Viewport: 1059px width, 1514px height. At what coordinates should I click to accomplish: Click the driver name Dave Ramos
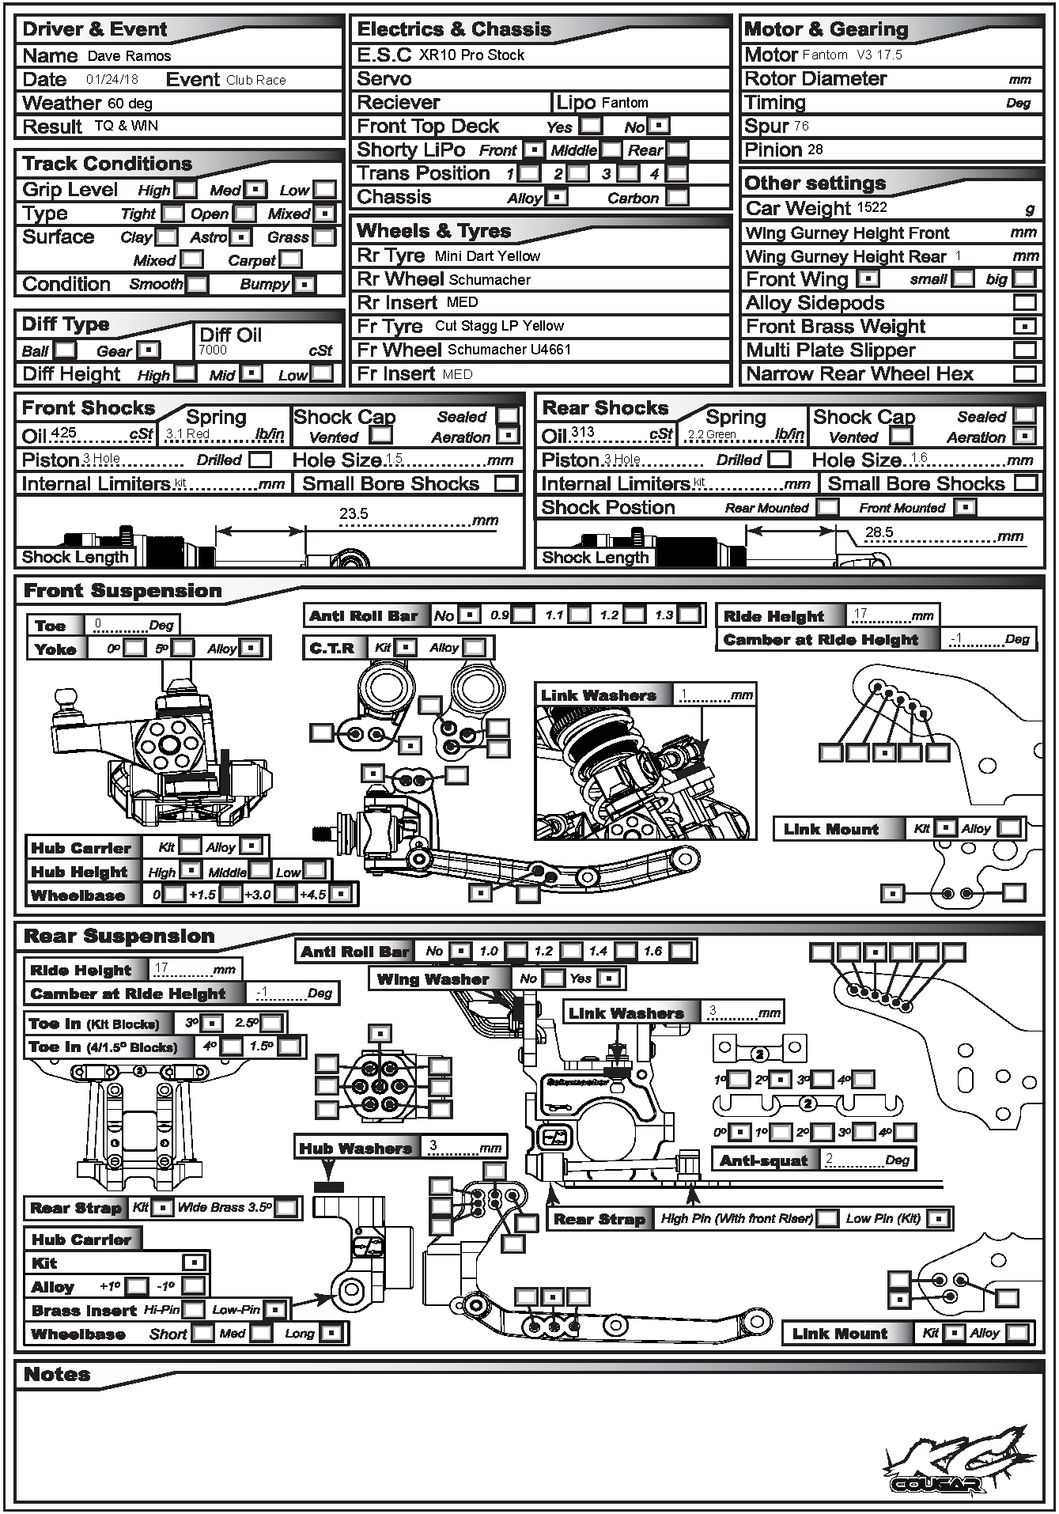129,56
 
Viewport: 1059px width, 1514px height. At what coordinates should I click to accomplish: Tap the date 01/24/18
112,80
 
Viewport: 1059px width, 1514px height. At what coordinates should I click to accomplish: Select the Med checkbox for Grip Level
255,190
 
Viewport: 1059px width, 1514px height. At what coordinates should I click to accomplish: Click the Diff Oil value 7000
213,350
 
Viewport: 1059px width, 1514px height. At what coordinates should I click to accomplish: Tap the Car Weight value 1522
870,208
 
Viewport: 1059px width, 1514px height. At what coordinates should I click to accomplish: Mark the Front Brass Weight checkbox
1024,327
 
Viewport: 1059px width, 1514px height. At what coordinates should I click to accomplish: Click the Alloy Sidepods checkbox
1024,303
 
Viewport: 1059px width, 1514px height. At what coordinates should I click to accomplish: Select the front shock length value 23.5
354,514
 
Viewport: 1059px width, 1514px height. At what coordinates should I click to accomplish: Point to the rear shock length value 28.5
879,532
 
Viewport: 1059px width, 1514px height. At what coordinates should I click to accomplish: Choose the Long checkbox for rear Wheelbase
332,1334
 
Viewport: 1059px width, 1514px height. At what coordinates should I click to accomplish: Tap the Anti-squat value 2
829,1159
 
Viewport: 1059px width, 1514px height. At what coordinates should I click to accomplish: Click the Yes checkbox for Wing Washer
607,979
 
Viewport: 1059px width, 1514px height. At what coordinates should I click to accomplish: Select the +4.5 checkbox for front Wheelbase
340,894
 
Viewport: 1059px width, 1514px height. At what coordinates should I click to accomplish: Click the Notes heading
57,1375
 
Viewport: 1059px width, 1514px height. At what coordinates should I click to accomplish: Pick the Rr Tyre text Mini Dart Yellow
487,256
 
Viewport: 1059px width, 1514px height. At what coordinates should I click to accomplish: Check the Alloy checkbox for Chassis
558,198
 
